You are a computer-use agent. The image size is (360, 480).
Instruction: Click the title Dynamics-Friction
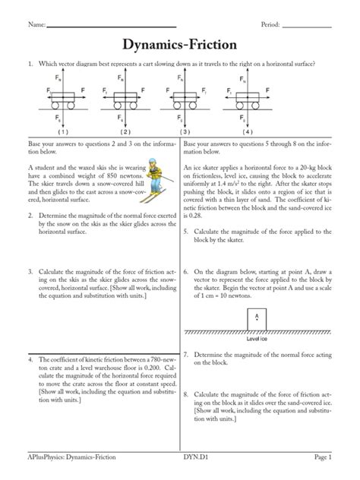coord(180,45)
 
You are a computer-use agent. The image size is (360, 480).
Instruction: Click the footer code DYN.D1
coord(198,466)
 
